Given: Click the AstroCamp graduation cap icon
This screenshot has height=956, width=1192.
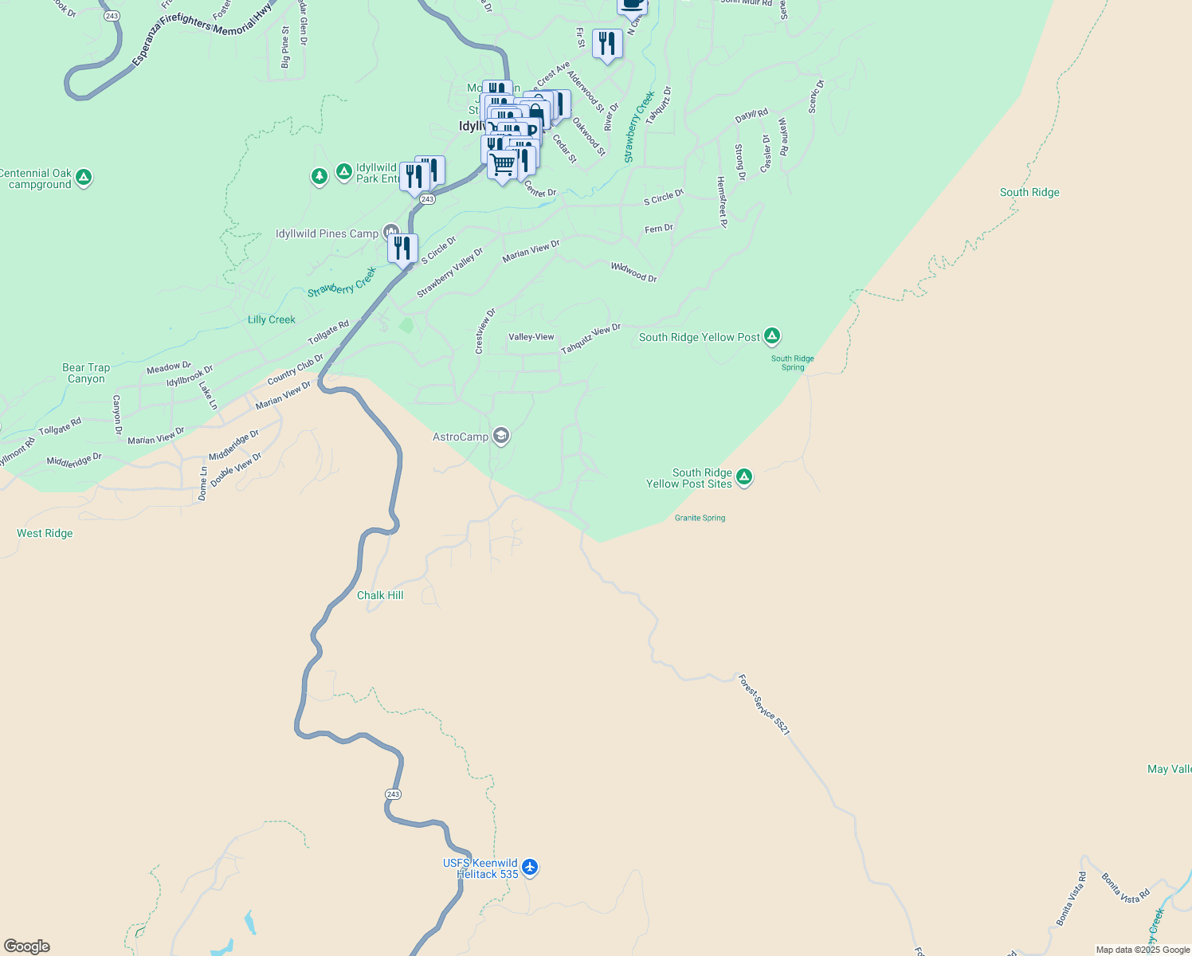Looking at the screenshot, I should (501, 436).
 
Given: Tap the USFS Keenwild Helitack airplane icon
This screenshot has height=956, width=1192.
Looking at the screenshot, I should (530, 868).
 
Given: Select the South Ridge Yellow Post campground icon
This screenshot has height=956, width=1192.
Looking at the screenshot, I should (771, 336).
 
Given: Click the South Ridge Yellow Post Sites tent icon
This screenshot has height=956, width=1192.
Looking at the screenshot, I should (743, 477).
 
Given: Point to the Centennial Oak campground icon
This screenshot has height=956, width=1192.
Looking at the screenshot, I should (84, 178).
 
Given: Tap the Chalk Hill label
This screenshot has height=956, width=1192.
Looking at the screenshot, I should (380, 596).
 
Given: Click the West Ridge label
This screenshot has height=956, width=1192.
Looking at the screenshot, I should (45, 534).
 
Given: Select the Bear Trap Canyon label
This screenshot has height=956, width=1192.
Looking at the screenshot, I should (86, 374).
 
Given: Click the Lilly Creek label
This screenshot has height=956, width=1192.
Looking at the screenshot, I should (271, 319).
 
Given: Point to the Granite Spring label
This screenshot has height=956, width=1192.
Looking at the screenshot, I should (700, 518).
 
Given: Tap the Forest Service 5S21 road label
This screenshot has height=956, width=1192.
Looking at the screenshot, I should (763, 705).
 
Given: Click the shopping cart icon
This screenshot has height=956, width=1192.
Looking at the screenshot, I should (502, 166).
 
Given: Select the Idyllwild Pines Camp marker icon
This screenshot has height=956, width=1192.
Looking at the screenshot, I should (390, 233).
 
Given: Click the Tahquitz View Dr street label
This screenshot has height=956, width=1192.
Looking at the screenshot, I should (590, 339).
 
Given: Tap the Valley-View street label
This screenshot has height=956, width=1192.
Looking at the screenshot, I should (531, 337).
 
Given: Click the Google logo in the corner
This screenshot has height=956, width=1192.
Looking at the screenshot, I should (27, 946).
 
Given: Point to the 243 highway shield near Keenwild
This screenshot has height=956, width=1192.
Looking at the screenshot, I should (393, 794).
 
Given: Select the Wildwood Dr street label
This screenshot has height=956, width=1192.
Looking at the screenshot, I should (634, 272).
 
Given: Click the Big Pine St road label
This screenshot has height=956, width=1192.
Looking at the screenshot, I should (285, 47).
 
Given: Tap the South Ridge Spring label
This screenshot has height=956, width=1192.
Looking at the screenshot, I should (792, 363).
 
